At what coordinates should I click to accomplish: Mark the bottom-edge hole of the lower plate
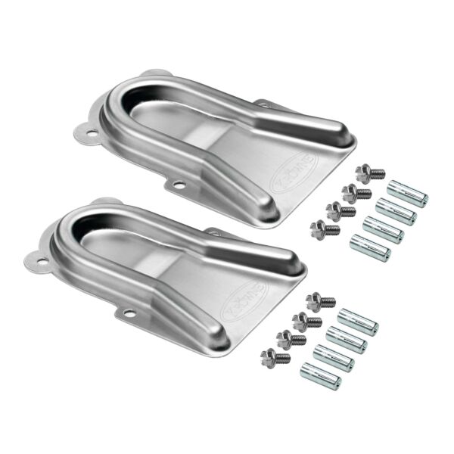(129, 312)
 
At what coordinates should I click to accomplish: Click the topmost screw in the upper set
(369, 173)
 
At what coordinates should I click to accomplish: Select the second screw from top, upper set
(355, 192)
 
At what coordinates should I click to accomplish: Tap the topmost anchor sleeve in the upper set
(409, 193)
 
